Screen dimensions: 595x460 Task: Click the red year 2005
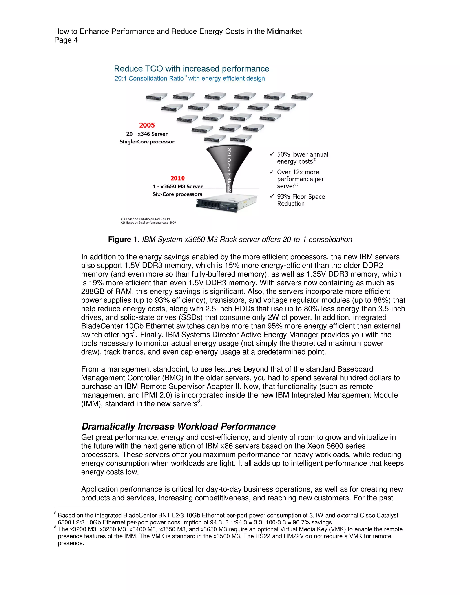[x=147, y=125]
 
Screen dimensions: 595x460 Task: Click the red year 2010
[x=177, y=178]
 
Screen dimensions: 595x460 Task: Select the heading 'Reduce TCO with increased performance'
[x=191, y=69]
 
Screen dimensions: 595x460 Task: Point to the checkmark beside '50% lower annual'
[x=272, y=154]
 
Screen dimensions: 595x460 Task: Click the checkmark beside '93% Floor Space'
[x=272, y=196]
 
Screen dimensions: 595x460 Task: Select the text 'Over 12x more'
[x=298, y=172]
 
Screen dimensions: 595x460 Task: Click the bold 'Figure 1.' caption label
[x=124, y=240]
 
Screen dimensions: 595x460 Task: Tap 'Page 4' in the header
[x=66, y=40]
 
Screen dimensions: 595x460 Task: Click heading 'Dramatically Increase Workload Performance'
[x=179, y=426]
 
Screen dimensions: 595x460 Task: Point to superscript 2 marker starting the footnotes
[x=55, y=513]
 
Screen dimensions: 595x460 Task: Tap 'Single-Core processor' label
[x=147, y=142]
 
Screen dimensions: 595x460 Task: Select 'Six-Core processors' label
[x=177, y=194]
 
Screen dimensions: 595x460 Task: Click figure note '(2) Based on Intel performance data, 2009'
[x=148, y=223]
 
